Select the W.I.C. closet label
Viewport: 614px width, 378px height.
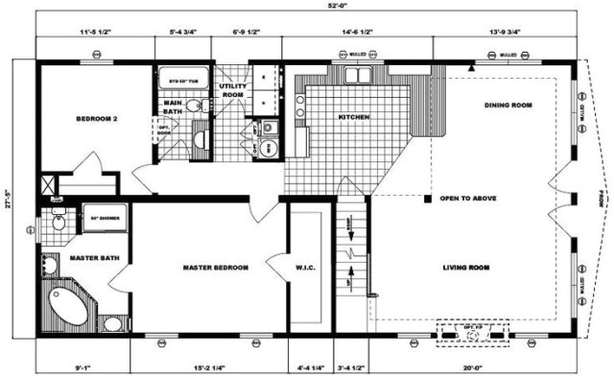click(280, 268)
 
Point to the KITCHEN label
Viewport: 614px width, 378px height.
click(354, 118)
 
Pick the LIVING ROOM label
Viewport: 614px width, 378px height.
click(467, 268)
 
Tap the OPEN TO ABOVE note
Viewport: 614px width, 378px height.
click(468, 200)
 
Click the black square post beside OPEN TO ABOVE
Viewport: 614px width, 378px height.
click(427, 200)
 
